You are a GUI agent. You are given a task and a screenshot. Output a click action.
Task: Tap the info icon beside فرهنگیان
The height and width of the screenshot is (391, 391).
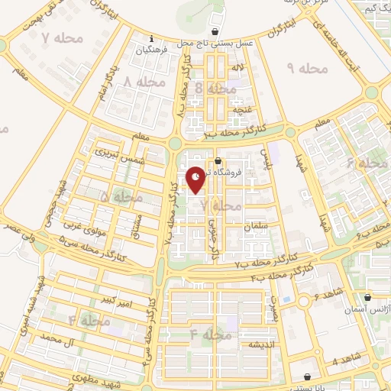coord(152,39)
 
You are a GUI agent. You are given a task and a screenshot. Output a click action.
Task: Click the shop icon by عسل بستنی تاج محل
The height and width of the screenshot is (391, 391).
coord(218,32)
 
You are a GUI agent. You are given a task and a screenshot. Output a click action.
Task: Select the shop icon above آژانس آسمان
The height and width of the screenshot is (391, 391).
coord(367,297)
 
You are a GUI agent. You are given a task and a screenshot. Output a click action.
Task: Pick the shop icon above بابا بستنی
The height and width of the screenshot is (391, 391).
coord(308,376)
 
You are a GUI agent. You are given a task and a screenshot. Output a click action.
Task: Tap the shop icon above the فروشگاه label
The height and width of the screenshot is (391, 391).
coord(218,160)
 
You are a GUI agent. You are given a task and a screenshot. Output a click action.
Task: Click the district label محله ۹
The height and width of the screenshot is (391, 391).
coord(308,69)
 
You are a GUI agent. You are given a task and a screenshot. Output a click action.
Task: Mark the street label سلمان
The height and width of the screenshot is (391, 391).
coord(254,226)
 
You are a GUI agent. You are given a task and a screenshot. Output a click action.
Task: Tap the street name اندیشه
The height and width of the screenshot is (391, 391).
coord(254,344)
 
